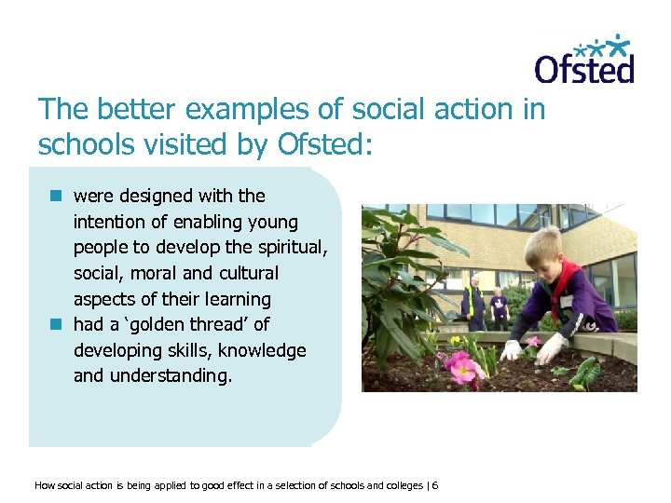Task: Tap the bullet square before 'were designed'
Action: pos(56,196)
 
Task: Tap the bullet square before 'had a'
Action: pos(56,324)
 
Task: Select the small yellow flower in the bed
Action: pos(456,341)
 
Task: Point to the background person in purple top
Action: pos(499,305)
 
